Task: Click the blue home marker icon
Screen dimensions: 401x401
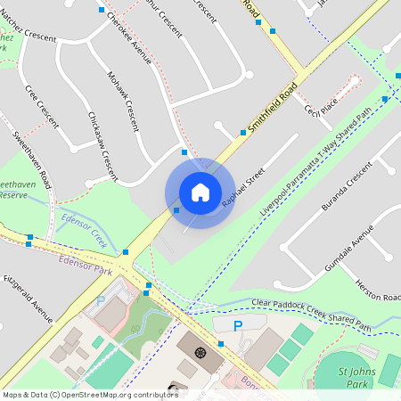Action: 200,192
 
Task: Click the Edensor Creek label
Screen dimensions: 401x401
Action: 84,230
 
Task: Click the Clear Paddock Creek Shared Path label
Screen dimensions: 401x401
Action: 311,315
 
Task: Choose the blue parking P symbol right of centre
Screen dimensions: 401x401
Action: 237,326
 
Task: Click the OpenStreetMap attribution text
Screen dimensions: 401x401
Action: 90,394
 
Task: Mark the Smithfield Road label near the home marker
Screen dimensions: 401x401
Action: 273,110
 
